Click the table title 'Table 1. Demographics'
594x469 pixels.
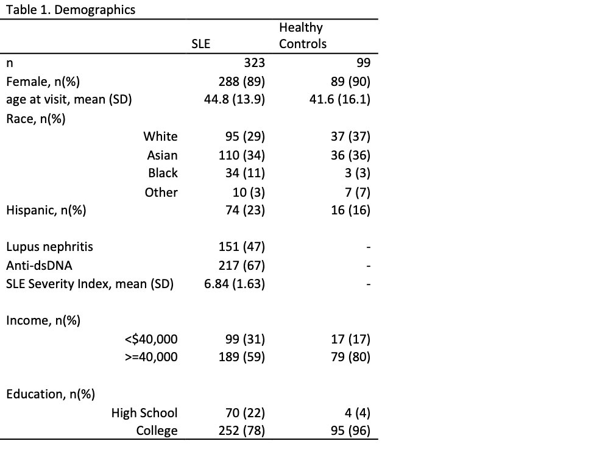[x=71, y=10]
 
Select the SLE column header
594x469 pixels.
[x=200, y=44]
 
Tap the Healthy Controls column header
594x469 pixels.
[x=303, y=35]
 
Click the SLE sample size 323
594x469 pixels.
[x=253, y=62]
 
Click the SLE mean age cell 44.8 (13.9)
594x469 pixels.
[x=234, y=99]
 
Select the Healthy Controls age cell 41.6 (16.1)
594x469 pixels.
[x=340, y=99]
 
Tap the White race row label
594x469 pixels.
[x=160, y=136]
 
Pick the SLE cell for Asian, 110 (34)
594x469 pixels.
[x=241, y=155]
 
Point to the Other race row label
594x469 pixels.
[x=161, y=192]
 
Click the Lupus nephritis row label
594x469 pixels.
[x=50, y=247]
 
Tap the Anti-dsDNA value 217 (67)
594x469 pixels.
[x=241, y=266]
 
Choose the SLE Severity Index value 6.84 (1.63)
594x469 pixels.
[x=234, y=284]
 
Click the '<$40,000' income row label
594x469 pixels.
[x=150, y=339]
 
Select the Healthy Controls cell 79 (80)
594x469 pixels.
[x=350, y=357]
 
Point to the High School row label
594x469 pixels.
[x=144, y=413]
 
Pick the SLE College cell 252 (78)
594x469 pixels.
[x=241, y=431]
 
